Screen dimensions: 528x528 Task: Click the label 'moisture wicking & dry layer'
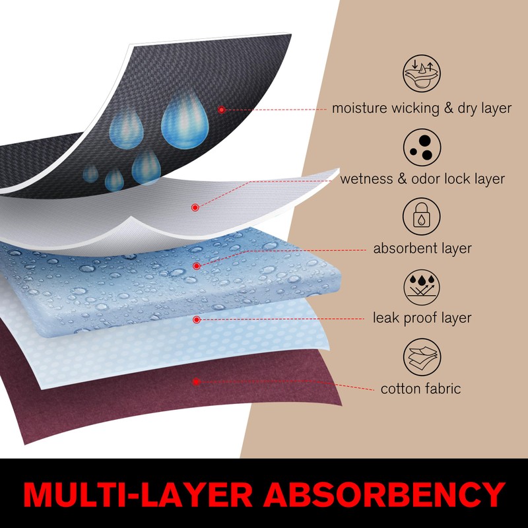422,108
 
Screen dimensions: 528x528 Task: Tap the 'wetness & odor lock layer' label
422,178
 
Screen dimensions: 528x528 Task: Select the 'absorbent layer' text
422,248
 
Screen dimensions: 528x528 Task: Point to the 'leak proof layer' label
422,318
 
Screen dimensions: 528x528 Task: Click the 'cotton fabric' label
420,388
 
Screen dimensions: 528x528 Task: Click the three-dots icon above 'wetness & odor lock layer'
422,145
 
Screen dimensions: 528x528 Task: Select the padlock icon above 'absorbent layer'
422,215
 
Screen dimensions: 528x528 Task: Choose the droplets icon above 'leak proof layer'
422,285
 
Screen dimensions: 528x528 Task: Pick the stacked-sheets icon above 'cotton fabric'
422,356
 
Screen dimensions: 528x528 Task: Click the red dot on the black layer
222,110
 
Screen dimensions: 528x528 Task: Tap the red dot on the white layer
195,207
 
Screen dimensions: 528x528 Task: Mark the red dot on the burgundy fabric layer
196,381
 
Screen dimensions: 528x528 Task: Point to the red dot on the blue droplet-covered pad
196,266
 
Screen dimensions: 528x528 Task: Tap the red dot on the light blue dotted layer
196,319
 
